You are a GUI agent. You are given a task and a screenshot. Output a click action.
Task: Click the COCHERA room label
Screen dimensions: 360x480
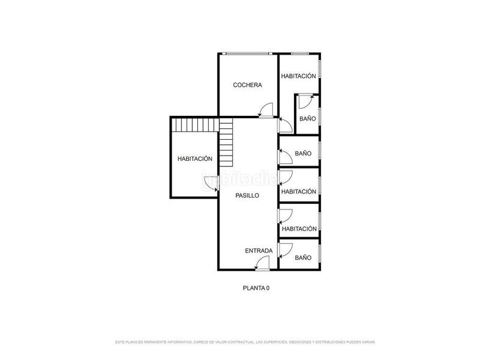(247, 85)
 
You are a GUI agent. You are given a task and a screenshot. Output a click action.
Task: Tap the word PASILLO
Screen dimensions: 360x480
(247, 196)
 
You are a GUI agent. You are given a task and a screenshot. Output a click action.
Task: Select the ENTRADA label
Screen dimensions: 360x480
(259, 251)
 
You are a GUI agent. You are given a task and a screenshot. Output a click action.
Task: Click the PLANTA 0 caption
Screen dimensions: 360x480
(256, 288)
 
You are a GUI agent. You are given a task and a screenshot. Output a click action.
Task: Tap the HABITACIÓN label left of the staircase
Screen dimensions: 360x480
(195, 159)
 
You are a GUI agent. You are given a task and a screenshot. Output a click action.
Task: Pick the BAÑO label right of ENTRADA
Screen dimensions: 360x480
(303, 257)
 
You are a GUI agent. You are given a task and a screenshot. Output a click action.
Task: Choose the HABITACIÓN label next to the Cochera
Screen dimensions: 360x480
(299, 76)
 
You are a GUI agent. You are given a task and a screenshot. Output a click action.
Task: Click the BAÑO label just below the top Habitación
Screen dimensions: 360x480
(307, 119)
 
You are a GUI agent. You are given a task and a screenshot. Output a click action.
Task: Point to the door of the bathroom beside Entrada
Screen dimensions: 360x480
(285, 248)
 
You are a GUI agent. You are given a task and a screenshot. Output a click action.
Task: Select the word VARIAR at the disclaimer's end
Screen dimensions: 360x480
(367, 342)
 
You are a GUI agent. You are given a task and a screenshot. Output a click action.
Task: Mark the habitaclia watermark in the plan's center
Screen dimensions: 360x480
(240, 178)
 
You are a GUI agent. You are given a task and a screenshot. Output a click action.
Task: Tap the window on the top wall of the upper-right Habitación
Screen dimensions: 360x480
(299, 54)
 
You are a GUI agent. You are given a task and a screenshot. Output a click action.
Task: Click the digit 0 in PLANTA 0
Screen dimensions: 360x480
(268, 288)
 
